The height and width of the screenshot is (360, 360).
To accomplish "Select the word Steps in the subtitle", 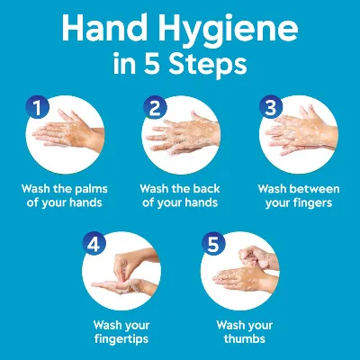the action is click(x=208, y=64).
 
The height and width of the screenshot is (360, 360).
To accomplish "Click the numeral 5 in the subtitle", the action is click(x=151, y=63).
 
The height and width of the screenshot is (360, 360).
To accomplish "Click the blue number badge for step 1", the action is click(x=37, y=107).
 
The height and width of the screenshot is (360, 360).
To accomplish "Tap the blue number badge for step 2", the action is click(x=155, y=107).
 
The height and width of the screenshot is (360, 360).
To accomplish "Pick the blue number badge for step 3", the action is click(x=271, y=107).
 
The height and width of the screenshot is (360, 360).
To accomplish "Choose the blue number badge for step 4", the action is click(x=94, y=244).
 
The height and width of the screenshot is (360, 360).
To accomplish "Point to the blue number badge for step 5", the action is click(x=213, y=244).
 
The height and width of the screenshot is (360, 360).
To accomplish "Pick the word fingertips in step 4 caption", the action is click(x=121, y=339).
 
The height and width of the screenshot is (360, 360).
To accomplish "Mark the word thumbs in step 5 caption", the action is click(x=245, y=339).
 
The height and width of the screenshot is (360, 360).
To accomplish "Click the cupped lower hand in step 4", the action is click(x=124, y=286).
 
